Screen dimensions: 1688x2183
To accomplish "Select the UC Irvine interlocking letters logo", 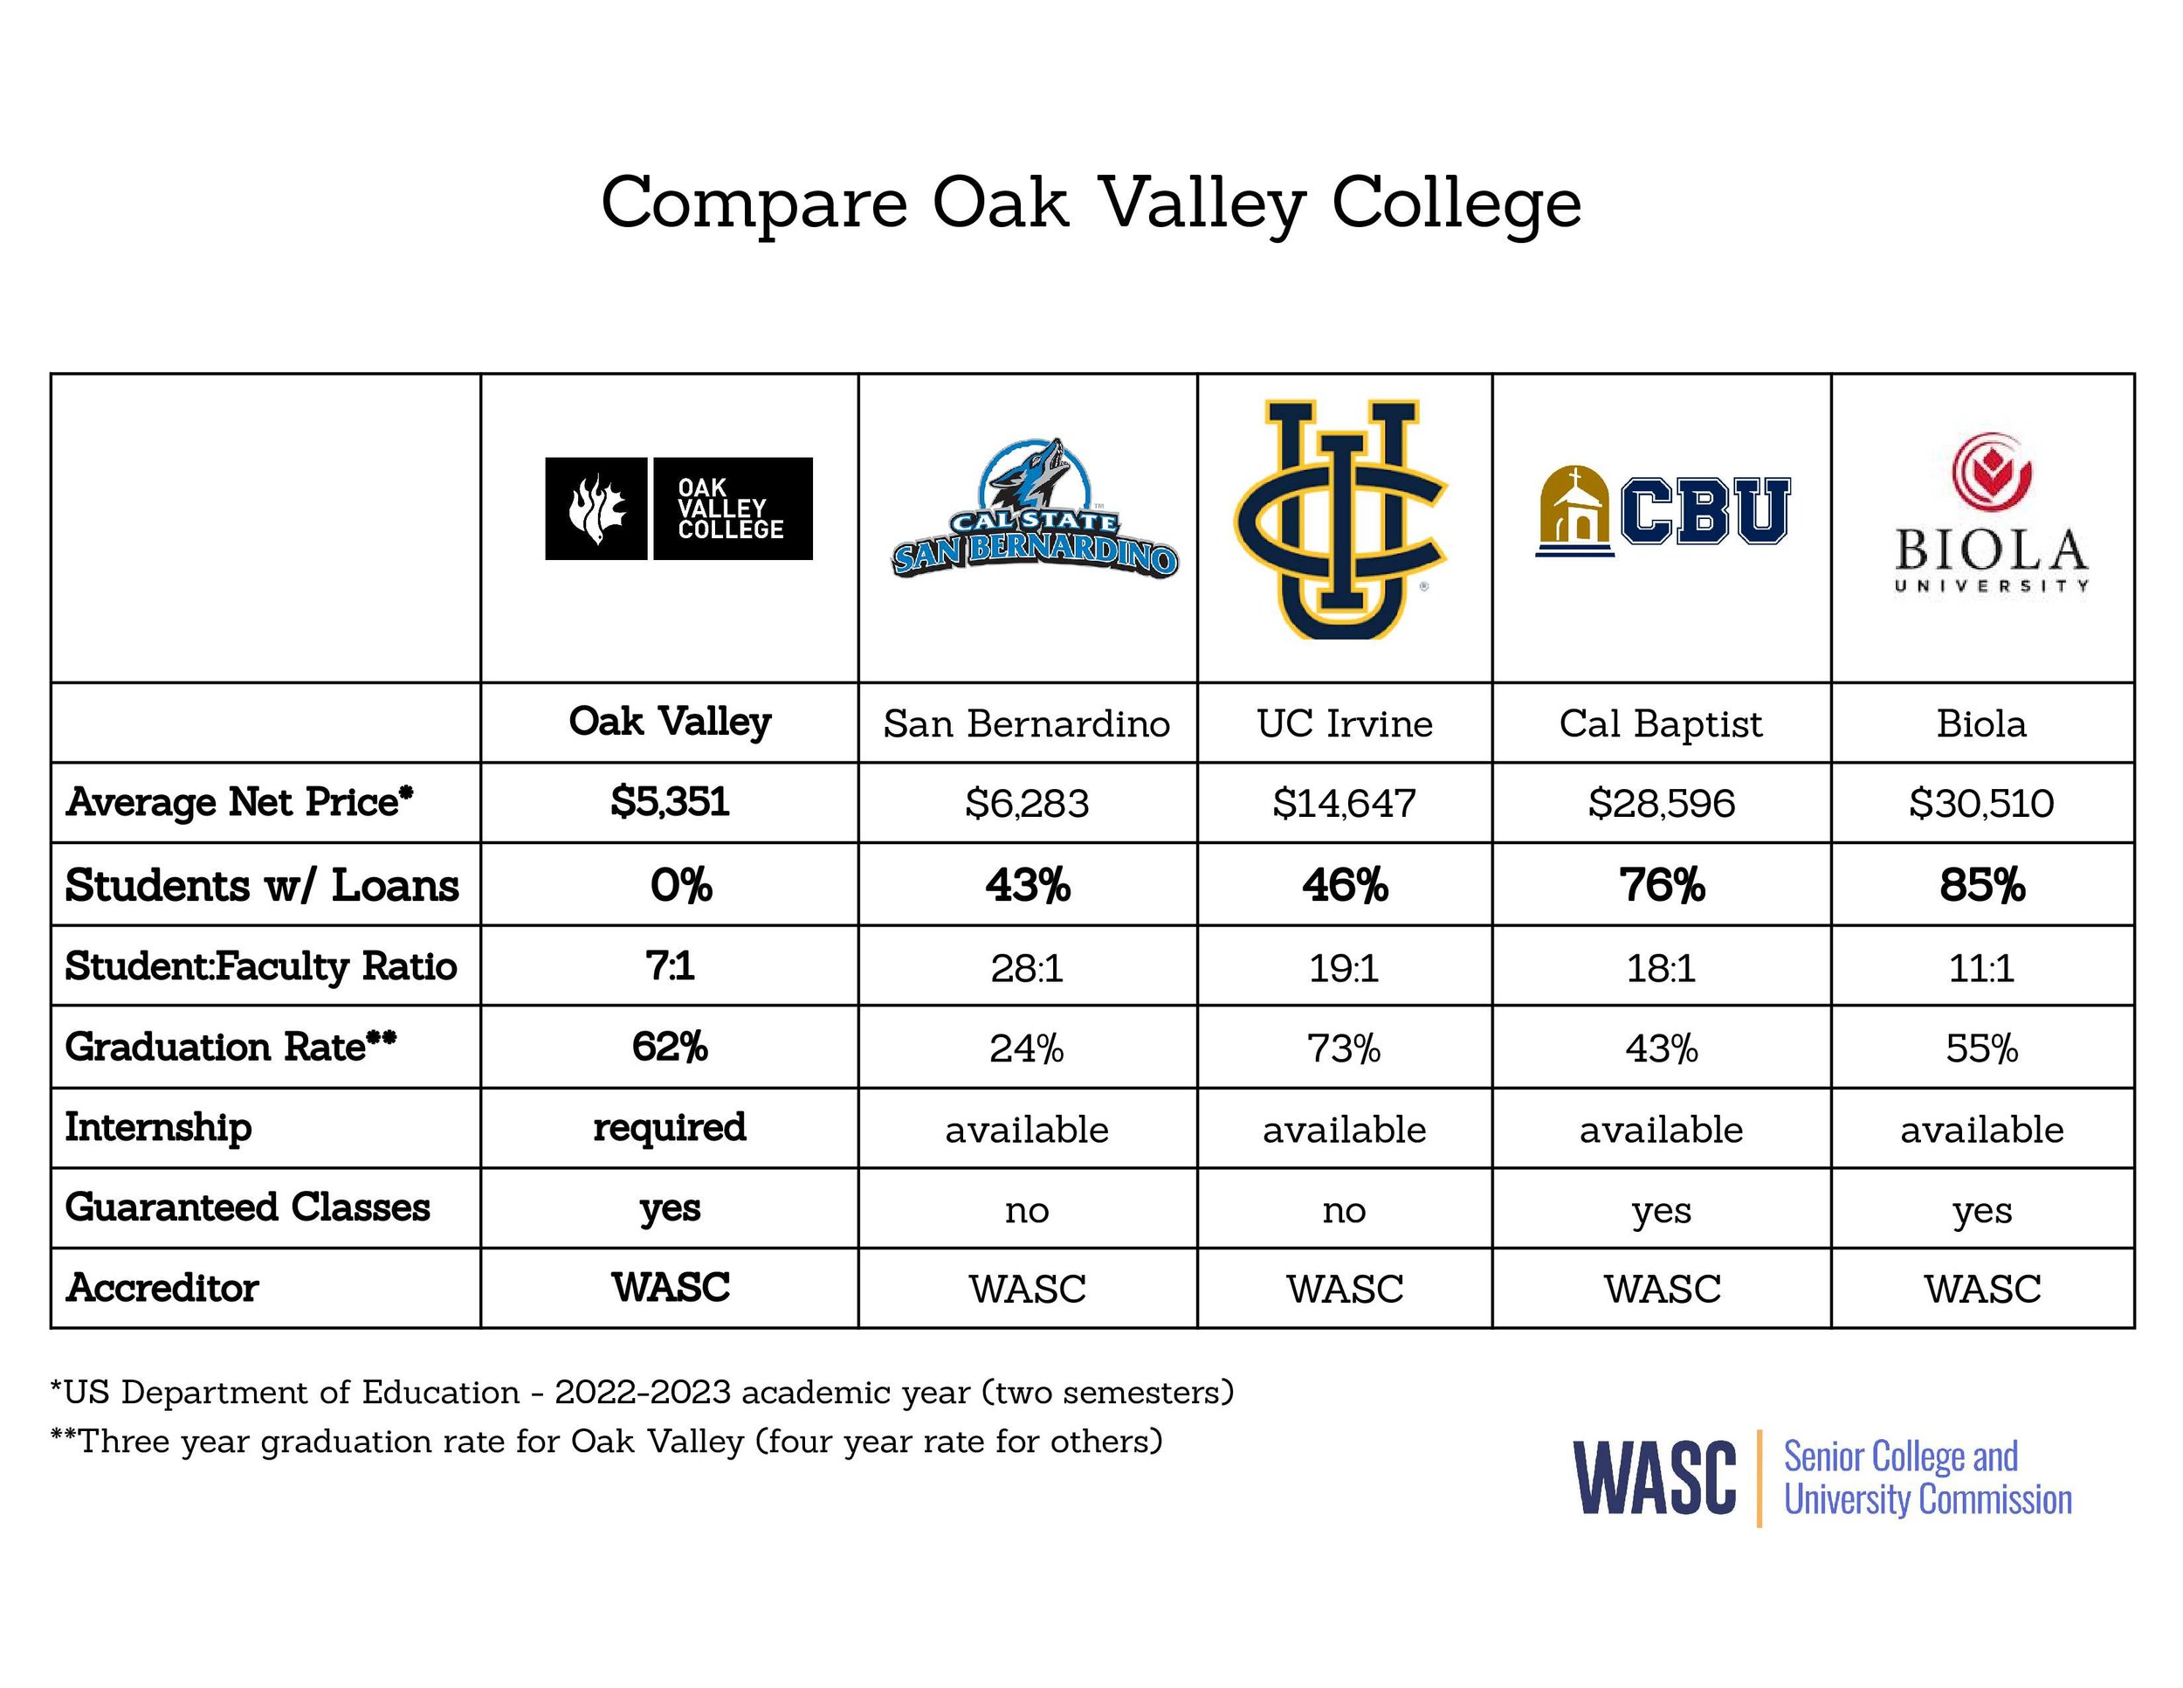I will coord(1340,519).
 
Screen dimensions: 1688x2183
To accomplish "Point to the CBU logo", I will coord(1663,511).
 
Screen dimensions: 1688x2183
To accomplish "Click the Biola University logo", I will coord(1991,514).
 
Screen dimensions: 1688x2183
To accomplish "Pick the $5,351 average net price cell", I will coord(670,802).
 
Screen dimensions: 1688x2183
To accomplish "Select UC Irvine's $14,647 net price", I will coord(1345,803).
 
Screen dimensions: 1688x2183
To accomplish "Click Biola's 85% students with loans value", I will coord(1982,885).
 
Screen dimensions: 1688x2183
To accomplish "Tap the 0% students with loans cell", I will coord(681,885).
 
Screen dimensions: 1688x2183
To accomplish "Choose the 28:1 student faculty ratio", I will coord(1027,968).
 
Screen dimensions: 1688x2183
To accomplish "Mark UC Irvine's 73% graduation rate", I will coord(1345,1048).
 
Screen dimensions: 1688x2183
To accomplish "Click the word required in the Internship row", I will coord(670,1127).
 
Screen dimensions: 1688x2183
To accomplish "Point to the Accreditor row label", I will coord(162,1288).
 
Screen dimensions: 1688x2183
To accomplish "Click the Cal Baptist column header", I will coord(1661,723).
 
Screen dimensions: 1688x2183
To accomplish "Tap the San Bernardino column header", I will coord(1027,723).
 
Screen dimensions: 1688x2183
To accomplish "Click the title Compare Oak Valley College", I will coord(1091,203).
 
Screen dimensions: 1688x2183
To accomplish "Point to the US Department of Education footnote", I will coord(642,1392).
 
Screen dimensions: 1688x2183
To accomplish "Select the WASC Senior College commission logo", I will coord(1822,1477).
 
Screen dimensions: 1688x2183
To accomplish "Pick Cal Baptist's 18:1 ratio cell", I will coord(1661,968).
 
